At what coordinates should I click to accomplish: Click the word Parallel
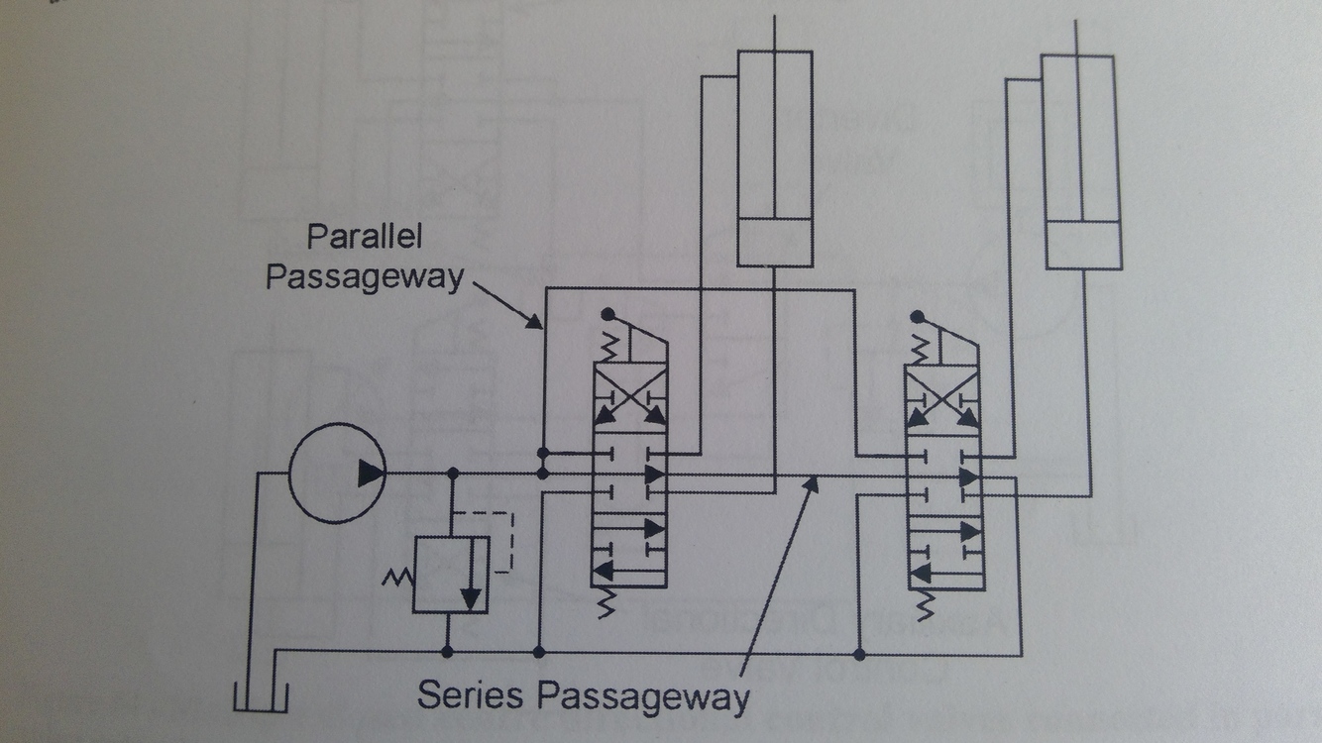(x=364, y=239)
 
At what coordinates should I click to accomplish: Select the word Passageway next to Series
(x=643, y=695)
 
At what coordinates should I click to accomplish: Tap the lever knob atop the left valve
(x=607, y=316)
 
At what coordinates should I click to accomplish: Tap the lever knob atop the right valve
(x=918, y=318)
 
